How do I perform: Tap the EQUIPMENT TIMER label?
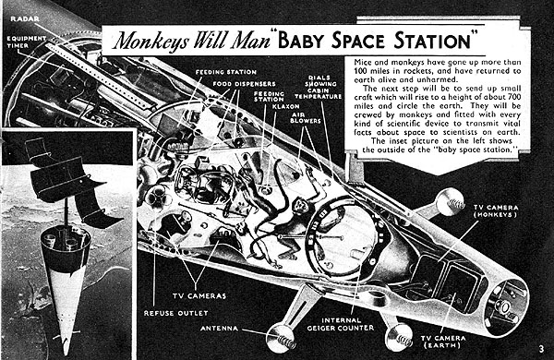27,42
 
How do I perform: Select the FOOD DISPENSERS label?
244,84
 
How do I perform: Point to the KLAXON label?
286,106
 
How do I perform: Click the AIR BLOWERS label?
306,117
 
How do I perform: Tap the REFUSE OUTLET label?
176,313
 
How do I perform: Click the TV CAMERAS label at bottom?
199,295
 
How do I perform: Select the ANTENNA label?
220,329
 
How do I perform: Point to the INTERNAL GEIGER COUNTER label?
341,324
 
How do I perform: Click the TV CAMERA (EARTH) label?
443,342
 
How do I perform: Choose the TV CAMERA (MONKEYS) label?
496,211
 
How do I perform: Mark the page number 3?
542,350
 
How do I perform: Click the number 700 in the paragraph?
514,97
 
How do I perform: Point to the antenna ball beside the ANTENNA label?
281,339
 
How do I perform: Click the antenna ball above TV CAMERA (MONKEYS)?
450,202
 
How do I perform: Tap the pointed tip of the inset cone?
66,354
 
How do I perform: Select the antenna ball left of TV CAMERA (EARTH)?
399,338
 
